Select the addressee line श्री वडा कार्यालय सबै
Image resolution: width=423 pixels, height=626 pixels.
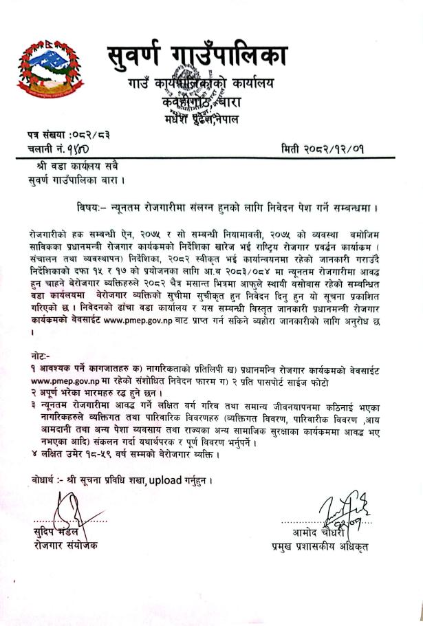[72, 166]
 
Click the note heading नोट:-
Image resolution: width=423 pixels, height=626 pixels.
[32, 356]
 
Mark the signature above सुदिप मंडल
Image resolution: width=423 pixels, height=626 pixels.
[65, 512]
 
